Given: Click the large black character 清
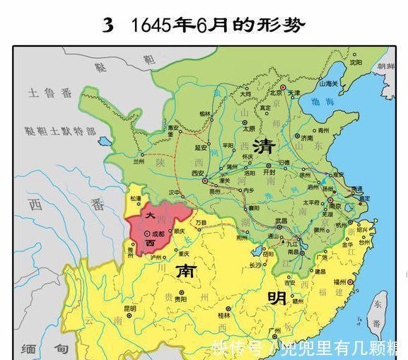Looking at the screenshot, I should [x=264, y=147].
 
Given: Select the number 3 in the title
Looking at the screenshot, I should [x=108, y=25].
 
